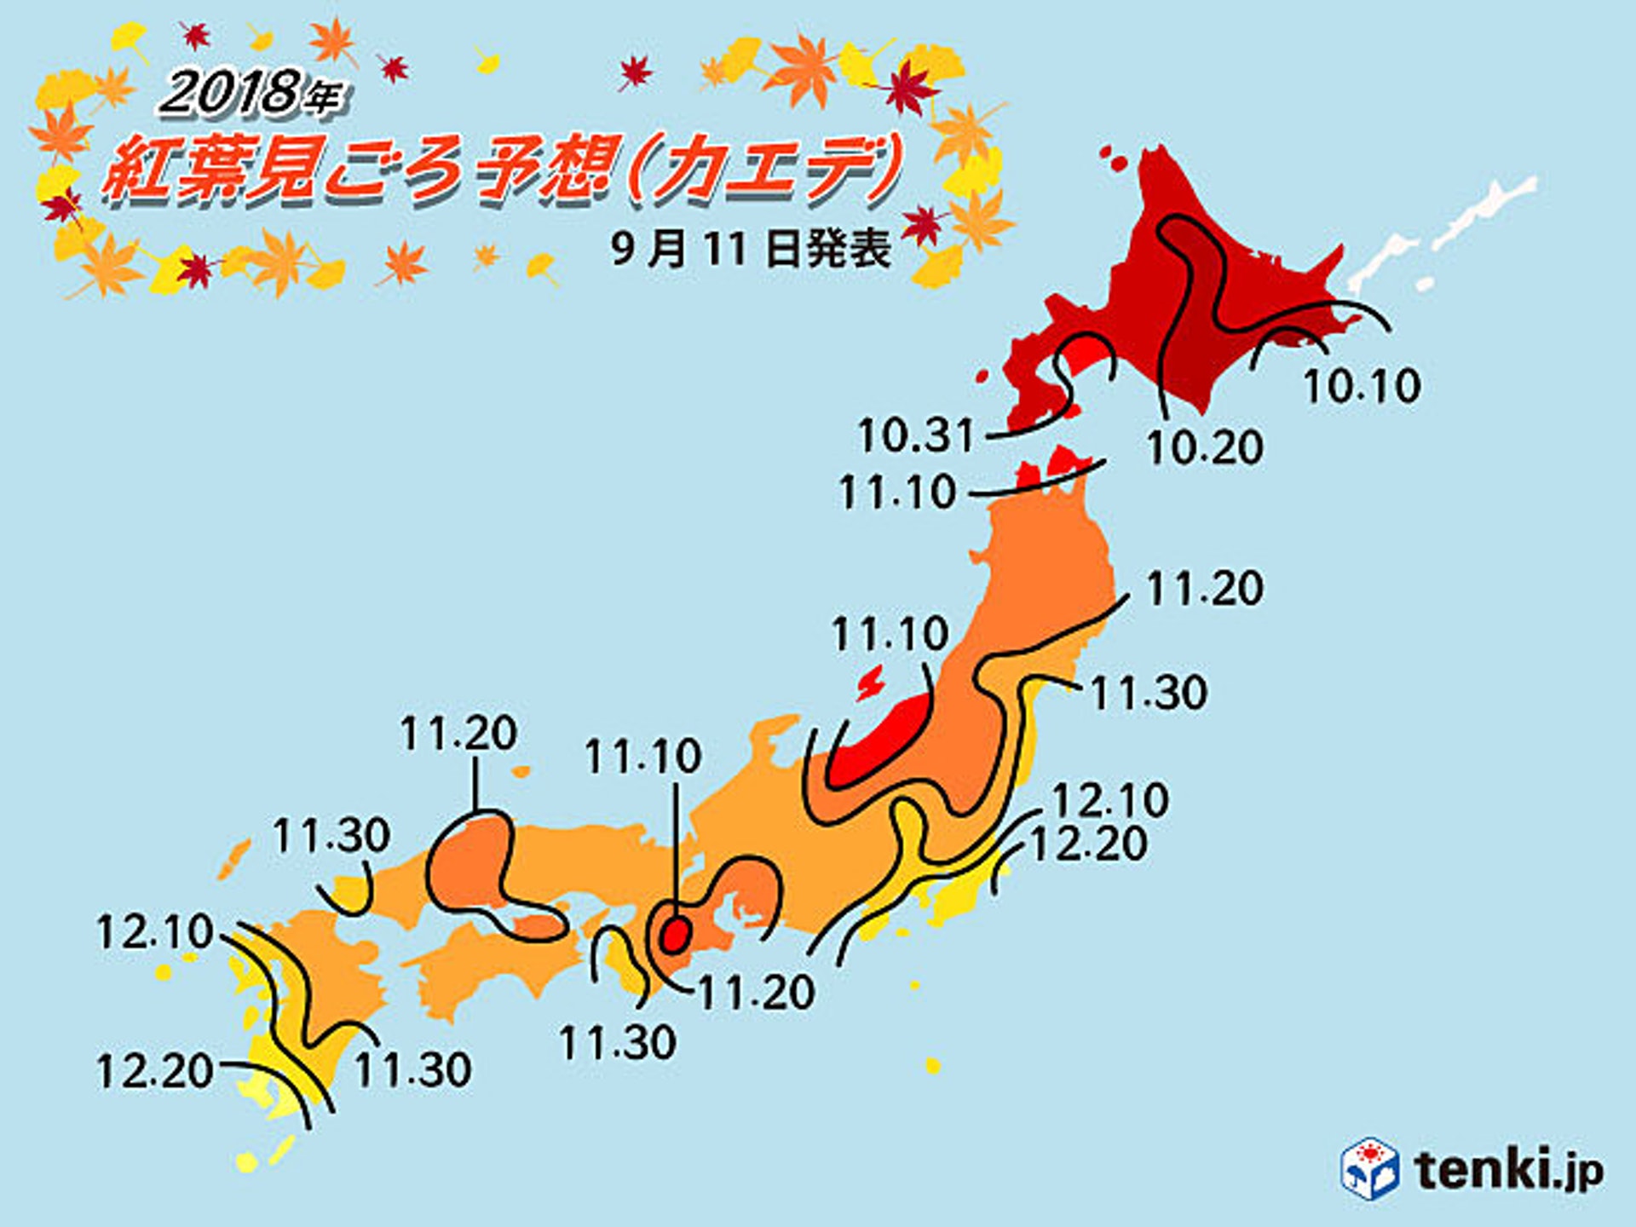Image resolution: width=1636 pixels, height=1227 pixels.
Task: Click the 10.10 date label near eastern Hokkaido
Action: pyautogui.click(x=1362, y=386)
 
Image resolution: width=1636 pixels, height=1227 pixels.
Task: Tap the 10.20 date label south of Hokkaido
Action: pyautogui.click(x=1204, y=447)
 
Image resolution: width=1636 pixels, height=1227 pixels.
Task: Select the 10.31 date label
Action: pyautogui.click(x=915, y=435)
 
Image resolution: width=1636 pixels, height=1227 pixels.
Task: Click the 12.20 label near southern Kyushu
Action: pyautogui.click(x=154, y=1071)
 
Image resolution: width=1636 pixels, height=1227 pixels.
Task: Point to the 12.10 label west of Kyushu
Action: pyautogui.click(x=154, y=931)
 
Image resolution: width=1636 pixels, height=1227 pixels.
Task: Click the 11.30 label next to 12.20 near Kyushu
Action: pyautogui.click(x=412, y=1070)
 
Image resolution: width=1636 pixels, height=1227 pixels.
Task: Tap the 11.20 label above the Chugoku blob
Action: pyautogui.click(x=458, y=733)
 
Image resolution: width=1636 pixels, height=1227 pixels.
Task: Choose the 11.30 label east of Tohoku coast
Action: pyautogui.click(x=1149, y=693)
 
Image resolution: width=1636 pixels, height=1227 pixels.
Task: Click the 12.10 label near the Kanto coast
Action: pyautogui.click(x=1110, y=800)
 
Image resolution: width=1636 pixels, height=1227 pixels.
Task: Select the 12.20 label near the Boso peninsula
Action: pyautogui.click(x=1089, y=844)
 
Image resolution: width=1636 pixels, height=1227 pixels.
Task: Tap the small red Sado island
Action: pyautogui.click(x=870, y=683)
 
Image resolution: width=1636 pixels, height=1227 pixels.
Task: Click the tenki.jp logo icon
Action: pyautogui.click(x=1369, y=1168)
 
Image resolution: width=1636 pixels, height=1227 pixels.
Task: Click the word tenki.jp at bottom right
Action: pyautogui.click(x=1509, y=1169)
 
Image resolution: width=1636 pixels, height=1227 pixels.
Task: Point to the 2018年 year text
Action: pyautogui.click(x=251, y=94)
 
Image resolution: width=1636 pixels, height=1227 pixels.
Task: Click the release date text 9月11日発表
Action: pyautogui.click(x=751, y=249)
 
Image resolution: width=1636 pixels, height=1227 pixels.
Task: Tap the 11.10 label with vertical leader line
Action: pyautogui.click(x=642, y=756)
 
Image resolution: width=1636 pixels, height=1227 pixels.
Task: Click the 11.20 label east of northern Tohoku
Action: pyautogui.click(x=1204, y=589)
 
